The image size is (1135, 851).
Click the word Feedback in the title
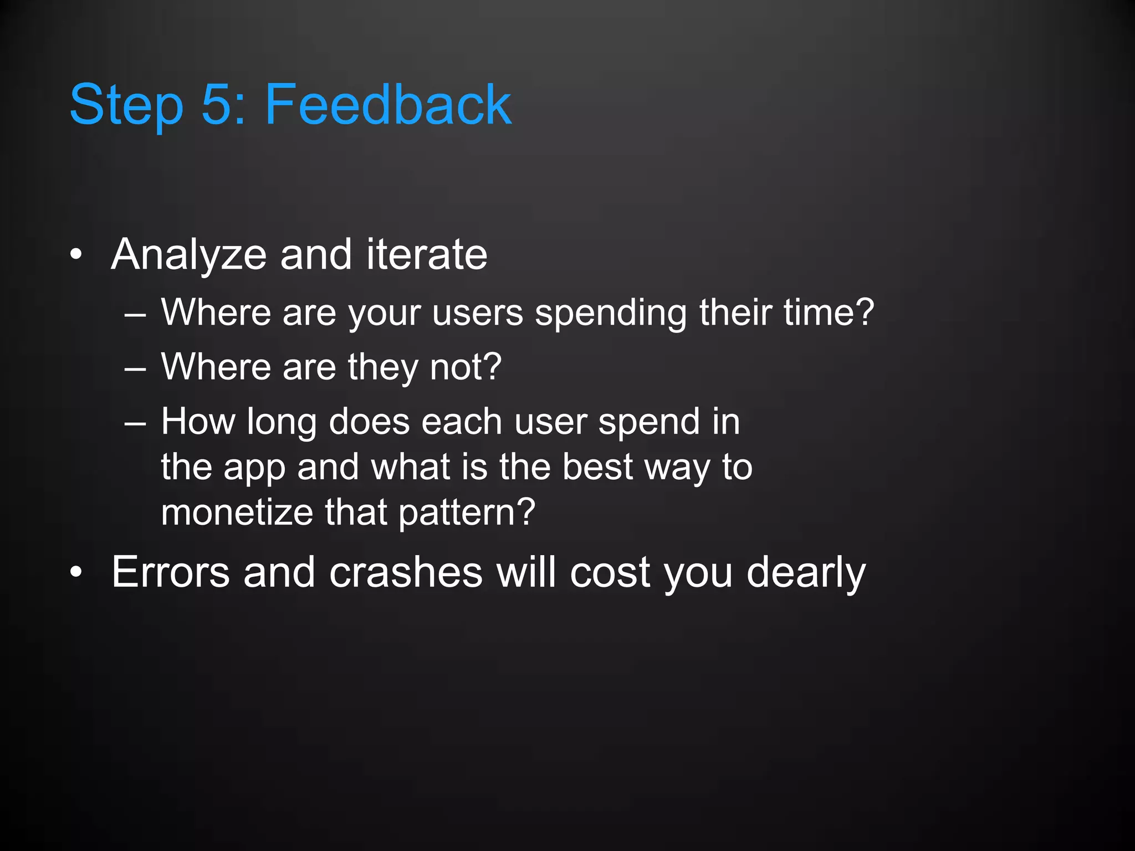tap(388, 104)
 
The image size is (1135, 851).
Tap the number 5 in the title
tap(216, 104)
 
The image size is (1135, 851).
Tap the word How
tap(198, 422)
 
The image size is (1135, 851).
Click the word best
tap(597, 466)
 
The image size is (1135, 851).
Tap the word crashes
tap(406, 572)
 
